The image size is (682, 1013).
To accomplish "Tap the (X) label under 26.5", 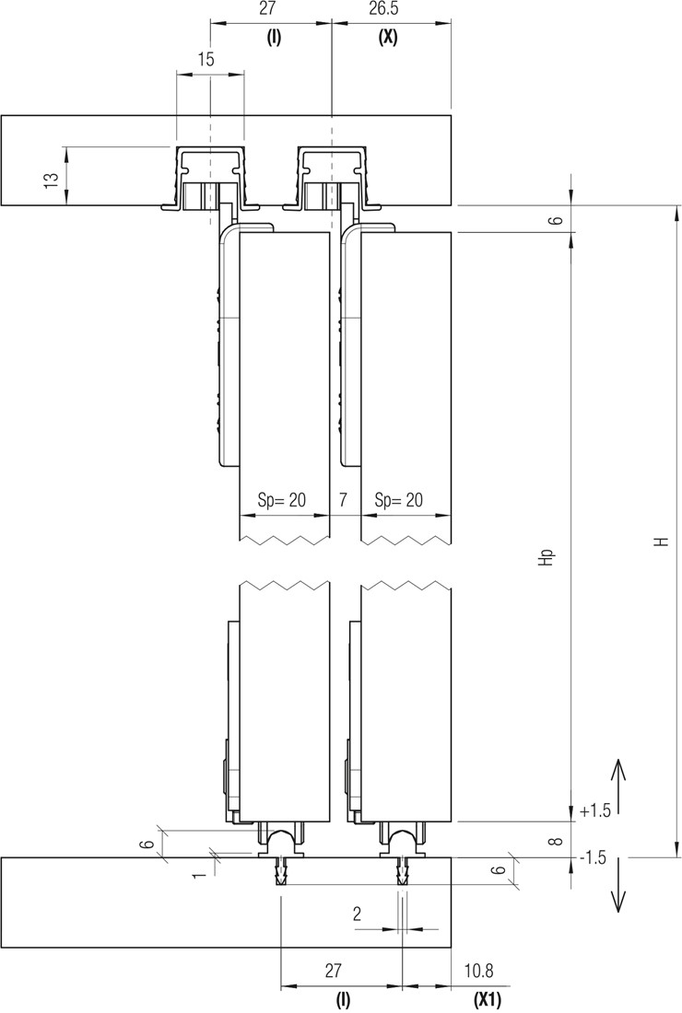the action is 388,38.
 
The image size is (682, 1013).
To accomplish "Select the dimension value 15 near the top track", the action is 206,60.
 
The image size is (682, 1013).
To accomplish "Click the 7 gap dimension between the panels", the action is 343,499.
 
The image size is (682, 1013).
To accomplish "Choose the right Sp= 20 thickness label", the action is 399,499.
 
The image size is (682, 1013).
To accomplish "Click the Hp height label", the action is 547,558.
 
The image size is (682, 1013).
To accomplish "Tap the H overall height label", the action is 660,541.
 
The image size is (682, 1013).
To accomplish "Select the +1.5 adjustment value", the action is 595,810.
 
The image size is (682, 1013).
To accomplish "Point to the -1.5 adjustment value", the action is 594,857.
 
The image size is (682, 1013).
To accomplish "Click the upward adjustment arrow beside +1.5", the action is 619,786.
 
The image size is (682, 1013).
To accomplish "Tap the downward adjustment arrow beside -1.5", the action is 619,885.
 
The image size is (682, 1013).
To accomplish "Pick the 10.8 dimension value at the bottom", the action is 479,971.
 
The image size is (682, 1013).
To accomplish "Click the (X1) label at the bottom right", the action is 488,1000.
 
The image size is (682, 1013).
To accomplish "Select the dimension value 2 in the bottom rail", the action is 358,914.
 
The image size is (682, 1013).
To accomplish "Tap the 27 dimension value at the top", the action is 267,9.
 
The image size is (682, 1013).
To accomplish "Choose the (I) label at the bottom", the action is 343,1000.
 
